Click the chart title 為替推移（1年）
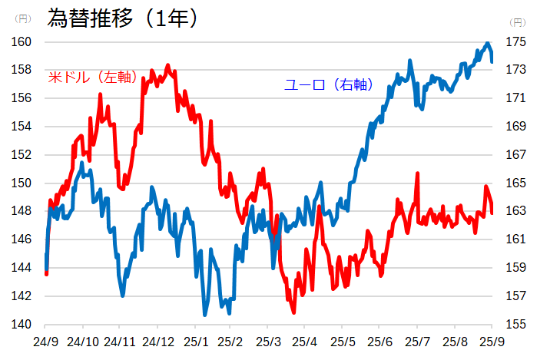[x=123, y=18]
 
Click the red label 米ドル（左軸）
[x=92, y=77]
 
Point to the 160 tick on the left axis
[x=21, y=41]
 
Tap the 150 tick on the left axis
[x=21, y=183]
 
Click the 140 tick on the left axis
[x=21, y=324]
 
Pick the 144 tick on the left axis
[x=21, y=268]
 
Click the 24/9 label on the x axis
[x=45, y=340]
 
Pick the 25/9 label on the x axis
[x=492, y=340]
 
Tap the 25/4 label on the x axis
[x=307, y=340]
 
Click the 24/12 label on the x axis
[x=157, y=340]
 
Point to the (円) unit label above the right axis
[x=519, y=21]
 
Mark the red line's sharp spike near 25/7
[x=417, y=174]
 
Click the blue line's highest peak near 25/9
[x=488, y=44]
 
